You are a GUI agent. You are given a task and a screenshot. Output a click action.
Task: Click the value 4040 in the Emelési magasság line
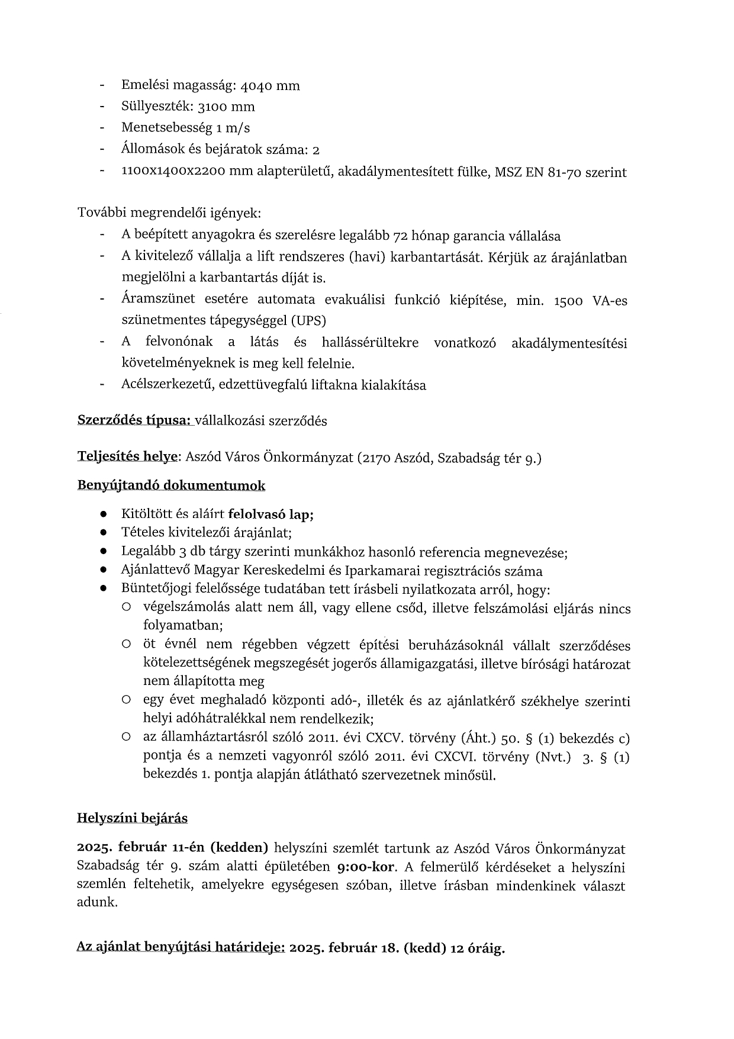257,86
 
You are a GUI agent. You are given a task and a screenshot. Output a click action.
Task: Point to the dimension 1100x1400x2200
171,172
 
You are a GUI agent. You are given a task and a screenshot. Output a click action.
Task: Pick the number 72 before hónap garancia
401,236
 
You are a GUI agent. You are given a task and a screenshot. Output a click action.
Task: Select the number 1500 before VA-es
569,301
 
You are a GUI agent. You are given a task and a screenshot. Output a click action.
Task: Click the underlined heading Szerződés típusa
134,421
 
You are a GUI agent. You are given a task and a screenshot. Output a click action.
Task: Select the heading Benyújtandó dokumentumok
171,486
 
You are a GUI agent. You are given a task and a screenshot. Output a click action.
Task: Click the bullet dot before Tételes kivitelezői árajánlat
103,533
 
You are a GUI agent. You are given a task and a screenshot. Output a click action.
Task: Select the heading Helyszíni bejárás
132,819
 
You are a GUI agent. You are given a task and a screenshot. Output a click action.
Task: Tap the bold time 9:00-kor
366,868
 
